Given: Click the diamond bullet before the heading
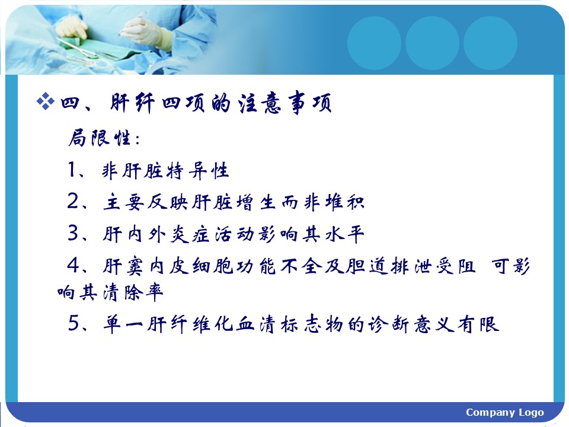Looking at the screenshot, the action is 46,101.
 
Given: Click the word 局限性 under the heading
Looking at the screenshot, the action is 100,138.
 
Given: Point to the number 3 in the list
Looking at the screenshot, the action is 73,232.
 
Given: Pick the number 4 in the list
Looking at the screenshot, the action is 73,265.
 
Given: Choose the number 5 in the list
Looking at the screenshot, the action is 73,323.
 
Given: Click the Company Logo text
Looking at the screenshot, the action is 505,413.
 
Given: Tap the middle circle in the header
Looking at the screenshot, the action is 432,43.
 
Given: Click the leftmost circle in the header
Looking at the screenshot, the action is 374,43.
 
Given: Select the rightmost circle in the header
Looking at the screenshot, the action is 490,43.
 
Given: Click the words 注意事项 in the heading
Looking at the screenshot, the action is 284,103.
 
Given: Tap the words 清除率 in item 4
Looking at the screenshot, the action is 133,292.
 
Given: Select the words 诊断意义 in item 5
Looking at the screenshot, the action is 411,324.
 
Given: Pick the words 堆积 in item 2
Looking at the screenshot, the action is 344,202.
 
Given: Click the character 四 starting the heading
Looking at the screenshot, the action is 70,103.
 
